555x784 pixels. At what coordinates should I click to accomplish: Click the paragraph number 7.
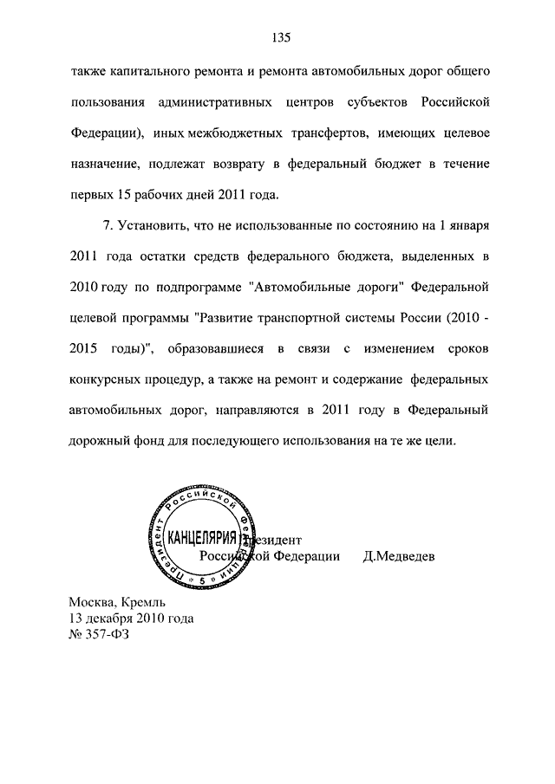click(x=108, y=226)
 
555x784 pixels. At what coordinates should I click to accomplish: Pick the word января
click(x=470, y=226)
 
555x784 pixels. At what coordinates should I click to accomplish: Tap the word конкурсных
click(x=106, y=379)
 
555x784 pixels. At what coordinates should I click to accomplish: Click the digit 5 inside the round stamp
click(x=202, y=579)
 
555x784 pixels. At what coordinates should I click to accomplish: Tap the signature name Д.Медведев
click(x=399, y=555)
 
